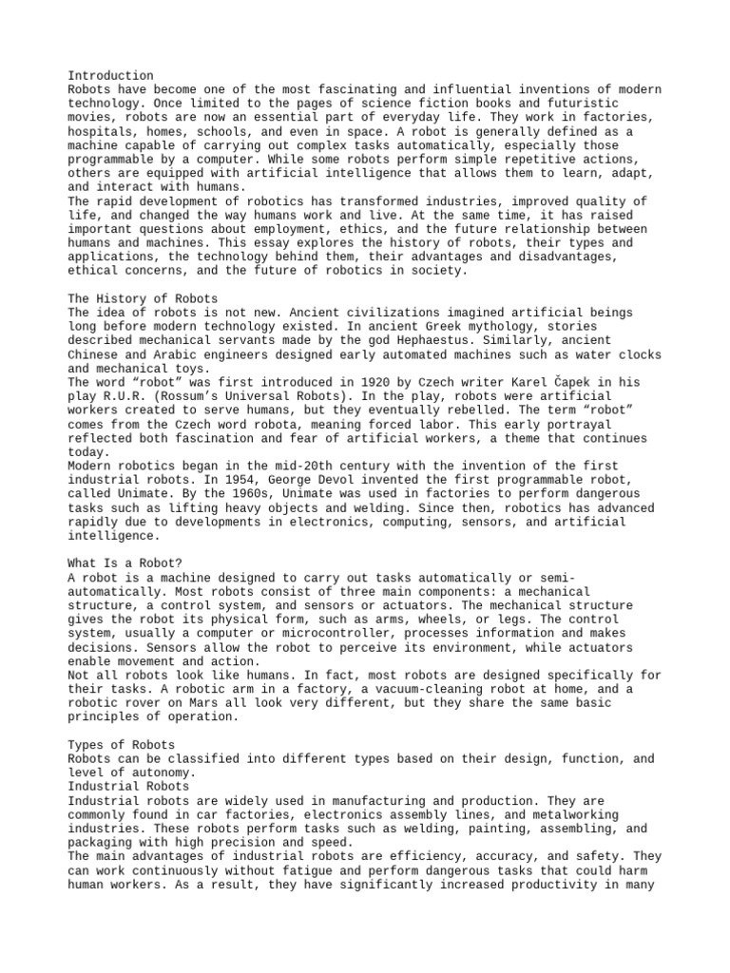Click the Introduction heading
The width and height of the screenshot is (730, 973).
(111, 76)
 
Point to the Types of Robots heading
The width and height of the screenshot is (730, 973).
(121, 744)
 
